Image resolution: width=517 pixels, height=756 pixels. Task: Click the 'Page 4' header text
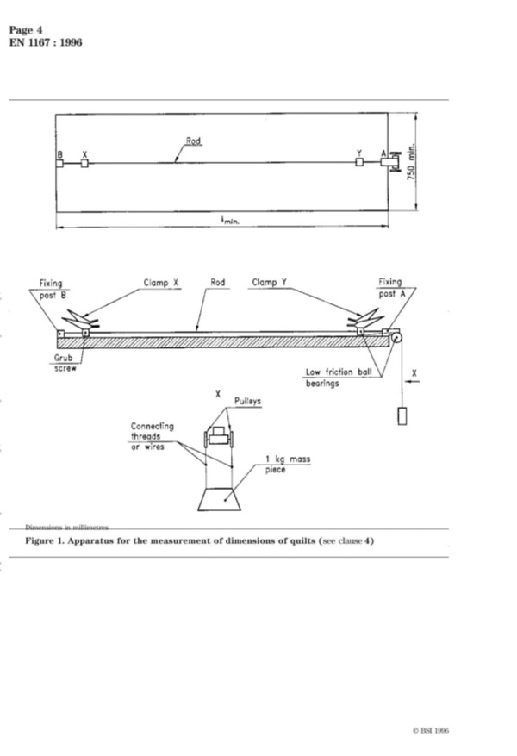26,30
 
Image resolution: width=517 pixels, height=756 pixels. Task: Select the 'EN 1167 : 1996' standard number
46,42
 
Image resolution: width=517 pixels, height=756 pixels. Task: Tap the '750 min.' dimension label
411,162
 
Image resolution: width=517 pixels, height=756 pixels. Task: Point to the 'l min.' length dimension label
230,221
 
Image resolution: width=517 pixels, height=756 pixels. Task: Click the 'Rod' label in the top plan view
193,141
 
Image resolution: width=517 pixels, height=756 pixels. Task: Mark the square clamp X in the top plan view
84,164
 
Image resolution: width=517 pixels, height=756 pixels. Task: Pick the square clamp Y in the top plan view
359,162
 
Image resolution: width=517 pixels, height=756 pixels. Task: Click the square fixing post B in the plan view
59,164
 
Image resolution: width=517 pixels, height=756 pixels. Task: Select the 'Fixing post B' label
52,289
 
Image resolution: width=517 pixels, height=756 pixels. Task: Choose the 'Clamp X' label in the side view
161,283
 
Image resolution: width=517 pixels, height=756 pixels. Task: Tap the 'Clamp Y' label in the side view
270,282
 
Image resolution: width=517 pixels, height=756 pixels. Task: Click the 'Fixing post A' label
392,287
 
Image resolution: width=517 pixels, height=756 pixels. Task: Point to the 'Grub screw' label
64,363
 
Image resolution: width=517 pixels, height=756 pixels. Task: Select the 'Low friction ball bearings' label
339,378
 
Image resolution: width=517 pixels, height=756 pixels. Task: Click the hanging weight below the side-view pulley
402,416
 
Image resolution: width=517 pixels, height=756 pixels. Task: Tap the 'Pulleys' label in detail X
247,401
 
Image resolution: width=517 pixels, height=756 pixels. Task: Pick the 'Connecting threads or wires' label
152,436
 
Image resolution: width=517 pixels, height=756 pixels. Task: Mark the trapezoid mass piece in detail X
219,500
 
